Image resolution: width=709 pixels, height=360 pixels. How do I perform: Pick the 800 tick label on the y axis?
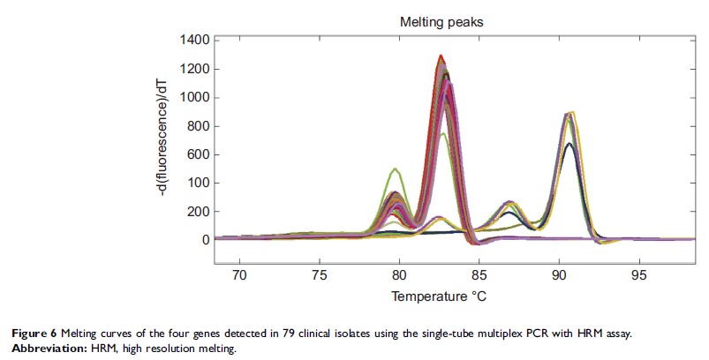click(x=197, y=126)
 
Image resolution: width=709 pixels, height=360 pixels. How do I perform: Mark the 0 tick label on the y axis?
click(x=205, y=240)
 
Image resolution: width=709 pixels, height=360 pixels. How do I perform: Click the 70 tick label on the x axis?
click(x=239, y=274)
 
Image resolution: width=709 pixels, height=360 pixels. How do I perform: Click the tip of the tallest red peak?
click(x=441, y=56)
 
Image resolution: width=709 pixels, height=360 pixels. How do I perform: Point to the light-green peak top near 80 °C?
click(x=396, y=169)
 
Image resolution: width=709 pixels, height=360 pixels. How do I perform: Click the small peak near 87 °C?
click(x=508, y=202)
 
